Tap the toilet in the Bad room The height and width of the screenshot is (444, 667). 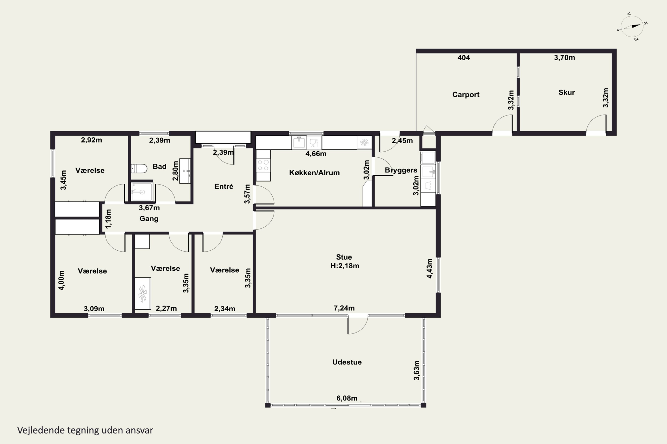coord(139,168)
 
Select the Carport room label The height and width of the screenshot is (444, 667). coord(466,95)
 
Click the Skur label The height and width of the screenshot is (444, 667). coord(566,92)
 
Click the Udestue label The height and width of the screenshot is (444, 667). coord(347,362)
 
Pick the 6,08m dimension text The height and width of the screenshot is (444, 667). coord(347,398)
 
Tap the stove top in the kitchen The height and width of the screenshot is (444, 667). coord(263,165)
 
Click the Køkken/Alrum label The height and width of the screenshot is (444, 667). coord(314,173)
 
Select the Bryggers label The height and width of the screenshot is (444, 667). coord(401,170)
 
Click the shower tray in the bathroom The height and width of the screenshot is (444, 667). coord(142,192)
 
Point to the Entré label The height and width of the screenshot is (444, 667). coord(224,186)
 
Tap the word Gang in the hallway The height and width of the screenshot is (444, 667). coord(149,219)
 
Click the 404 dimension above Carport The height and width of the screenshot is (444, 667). coord(464,58)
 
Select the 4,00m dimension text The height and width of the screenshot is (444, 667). coord(62,280)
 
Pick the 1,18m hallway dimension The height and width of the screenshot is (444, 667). coord(108,219)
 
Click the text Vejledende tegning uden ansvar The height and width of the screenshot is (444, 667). coord(85,430)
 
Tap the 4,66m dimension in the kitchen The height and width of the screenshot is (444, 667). coord(316,154)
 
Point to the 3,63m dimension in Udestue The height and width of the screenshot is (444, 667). coord(416,370)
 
